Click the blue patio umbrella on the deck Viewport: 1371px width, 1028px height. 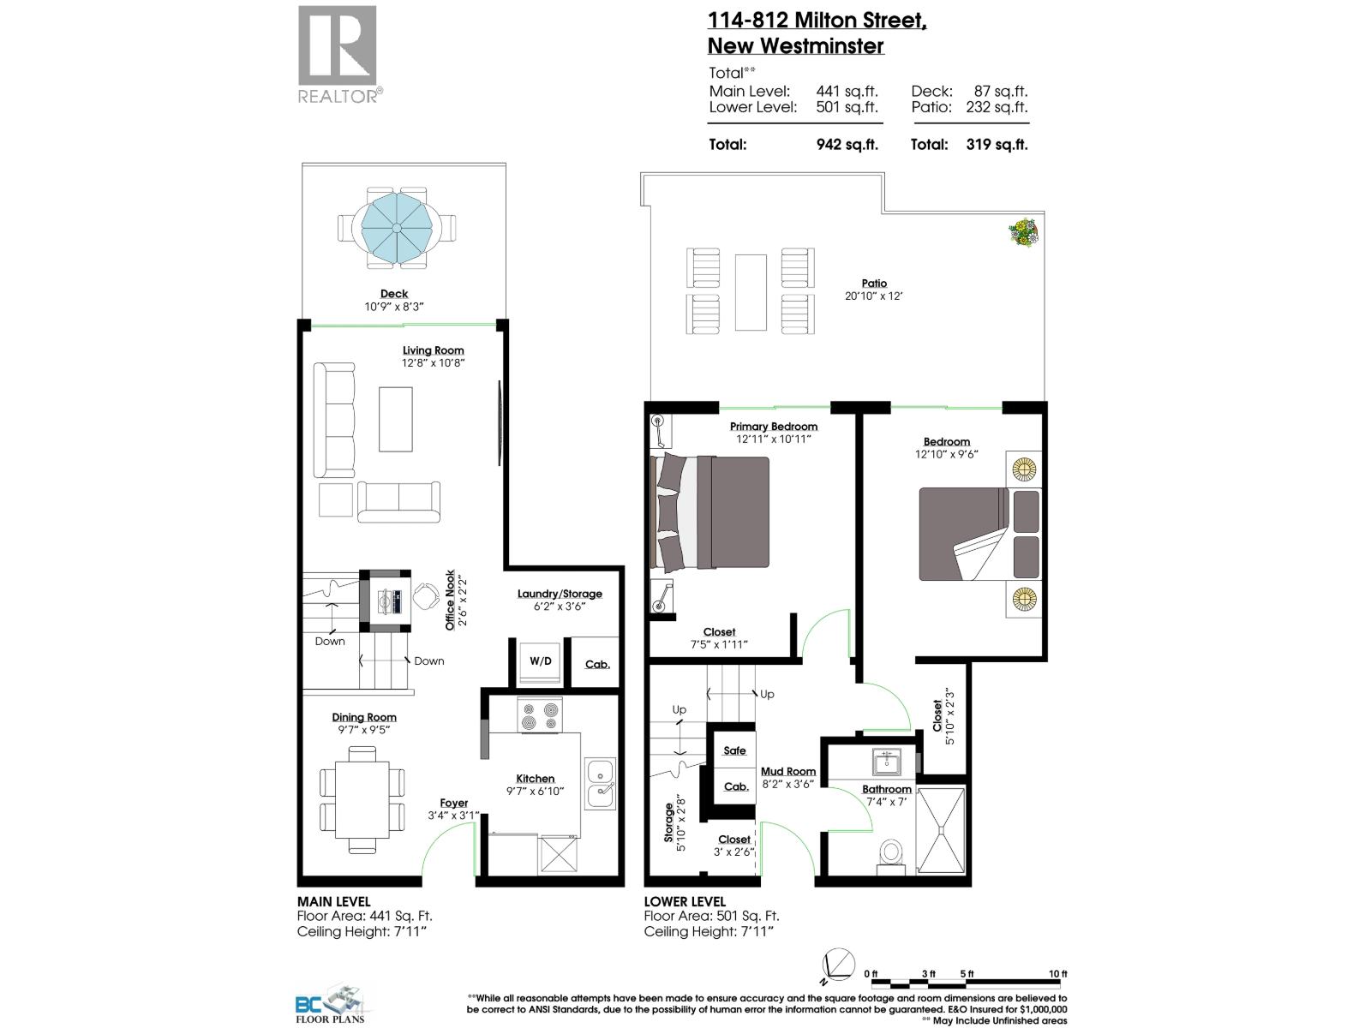tap(397, 227)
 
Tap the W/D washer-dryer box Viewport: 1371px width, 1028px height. tap(540, 661)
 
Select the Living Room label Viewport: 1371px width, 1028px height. tap(434, 350)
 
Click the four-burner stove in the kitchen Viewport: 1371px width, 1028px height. tap(540, 716)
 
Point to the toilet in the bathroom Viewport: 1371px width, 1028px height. tap(891, 853)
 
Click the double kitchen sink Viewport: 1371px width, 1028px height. tap(600, 783)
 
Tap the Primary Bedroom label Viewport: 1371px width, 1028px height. tap(773, 427)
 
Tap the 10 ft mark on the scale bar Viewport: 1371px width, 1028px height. tap(1058, 974)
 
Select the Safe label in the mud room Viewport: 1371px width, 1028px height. tap(734, 750)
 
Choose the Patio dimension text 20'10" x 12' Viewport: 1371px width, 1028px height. tap(874, 296)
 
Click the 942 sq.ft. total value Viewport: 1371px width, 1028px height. tap(847, 145)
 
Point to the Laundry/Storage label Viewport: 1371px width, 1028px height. tap(560, 594)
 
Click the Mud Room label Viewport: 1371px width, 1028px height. tap(788, 771)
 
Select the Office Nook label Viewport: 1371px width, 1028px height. tap(450, 601)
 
